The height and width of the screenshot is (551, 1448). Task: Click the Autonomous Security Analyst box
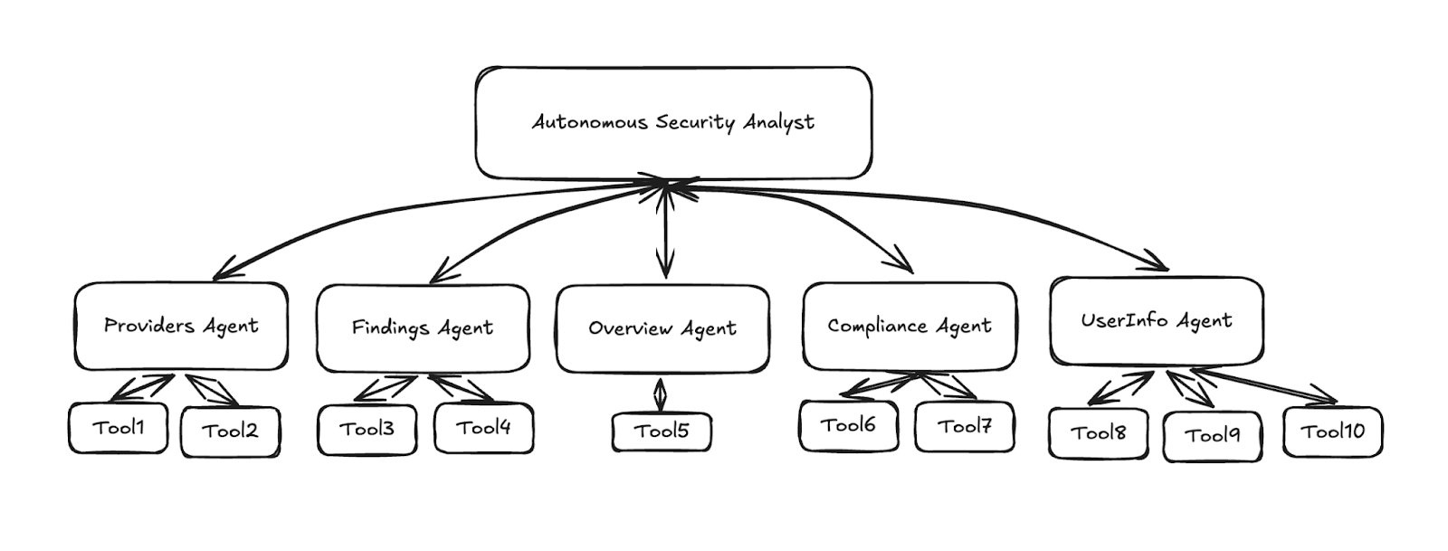click(x=673, y=122)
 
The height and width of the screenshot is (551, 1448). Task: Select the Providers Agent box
click(x=181, y=326)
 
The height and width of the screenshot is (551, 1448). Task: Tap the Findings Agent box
click(x=422, y=328)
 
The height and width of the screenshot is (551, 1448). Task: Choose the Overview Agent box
click(x=662, y=328)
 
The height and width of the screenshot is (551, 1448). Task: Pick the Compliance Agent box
click(x=910, y=326)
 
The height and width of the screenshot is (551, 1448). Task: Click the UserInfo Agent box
click(x=1156, y=320)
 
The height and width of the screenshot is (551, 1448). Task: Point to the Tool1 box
click(x=119, y=428)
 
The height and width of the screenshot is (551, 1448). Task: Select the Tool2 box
click(x=230, y=432)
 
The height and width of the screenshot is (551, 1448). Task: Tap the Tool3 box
click(x=367, y=429)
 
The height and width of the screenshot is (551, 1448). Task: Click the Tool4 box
click(x=483, y=428)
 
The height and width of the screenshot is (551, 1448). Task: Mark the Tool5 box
click(x=662, y=432)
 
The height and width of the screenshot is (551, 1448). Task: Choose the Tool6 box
click(x=848, y=425)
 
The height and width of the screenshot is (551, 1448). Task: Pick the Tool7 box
click(x=964, y=426)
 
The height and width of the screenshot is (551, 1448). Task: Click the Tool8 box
click(x=1098, y=433)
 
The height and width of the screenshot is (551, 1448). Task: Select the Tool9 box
click(x=1212, y=436)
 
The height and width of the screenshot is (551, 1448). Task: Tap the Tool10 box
click(x=1332, y=432)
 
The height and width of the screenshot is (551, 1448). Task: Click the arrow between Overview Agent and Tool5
click(x=661, y=394)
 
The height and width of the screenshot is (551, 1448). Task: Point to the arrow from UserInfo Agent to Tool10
click(x=1267, y=385)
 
